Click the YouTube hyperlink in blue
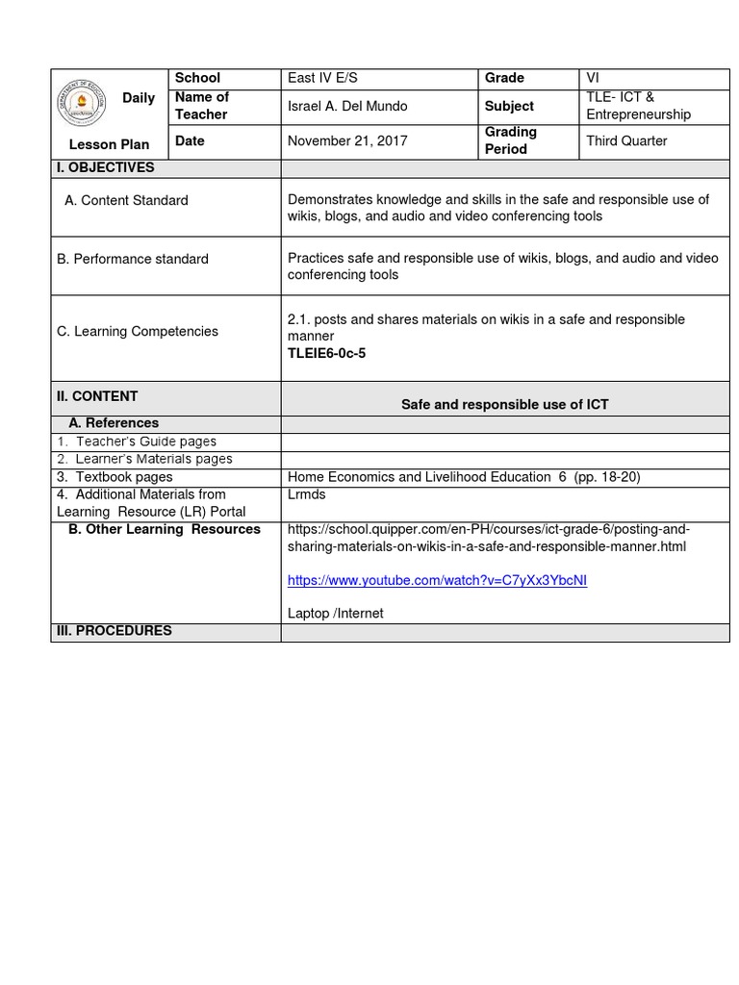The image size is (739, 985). coord(437,581)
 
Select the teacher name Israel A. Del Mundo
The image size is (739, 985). coord(347,106)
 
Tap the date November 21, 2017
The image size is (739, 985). coord(347,140)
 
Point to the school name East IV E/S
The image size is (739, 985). coord(322,78)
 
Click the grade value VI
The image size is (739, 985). coord(593,78)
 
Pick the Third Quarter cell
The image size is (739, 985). coord(626,140)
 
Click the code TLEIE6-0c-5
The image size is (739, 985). coord(326,353)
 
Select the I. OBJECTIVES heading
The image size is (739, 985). coord(106,168)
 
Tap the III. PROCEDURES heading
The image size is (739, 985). coord(115,631)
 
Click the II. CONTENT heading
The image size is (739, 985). coord(97,396)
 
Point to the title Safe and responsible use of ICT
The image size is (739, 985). coord(504,405)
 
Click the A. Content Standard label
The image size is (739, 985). coord(126,201)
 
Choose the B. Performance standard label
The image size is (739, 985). coord(133,259)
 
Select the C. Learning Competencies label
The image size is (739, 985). coord(138,332)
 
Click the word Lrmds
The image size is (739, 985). coord(307,494)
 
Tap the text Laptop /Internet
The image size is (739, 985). coord(335,614)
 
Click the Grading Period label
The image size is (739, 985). coord(511,140)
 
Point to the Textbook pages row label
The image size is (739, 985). coord(115,477)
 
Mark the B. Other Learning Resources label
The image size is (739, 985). coord(165,529)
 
